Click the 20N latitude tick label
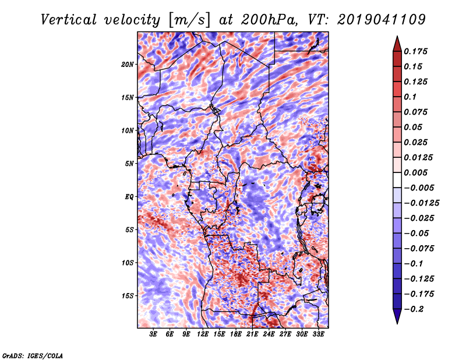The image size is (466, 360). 128,65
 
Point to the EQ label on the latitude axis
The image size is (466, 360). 129,197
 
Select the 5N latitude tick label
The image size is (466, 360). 129,164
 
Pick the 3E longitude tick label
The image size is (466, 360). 153,334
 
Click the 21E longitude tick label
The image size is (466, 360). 252,334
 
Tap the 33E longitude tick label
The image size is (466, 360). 318,334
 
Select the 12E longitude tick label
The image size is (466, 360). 202,334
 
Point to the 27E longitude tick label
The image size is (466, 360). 285,334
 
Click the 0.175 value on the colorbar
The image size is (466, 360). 415,51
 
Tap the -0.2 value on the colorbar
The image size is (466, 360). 414,309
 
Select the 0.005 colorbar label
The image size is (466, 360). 415,172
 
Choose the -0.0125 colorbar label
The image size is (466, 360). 421,203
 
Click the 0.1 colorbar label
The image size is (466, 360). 410,97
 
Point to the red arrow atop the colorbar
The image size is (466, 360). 397,45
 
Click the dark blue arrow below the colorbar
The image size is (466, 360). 397,316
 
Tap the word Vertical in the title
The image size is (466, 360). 68,20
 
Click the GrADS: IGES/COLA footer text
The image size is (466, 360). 33,356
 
